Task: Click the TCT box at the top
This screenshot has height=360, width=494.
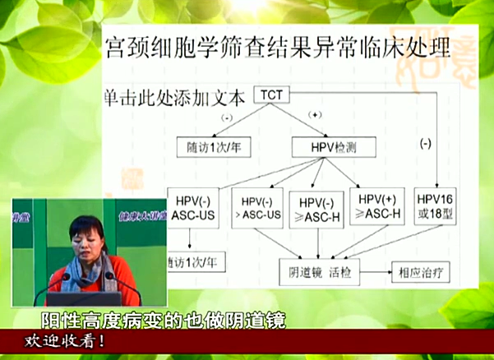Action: coord(272,95)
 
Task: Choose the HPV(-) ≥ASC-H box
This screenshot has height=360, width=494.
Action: coord(316,210)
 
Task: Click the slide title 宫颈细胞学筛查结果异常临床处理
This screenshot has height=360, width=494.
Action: coord(278,47)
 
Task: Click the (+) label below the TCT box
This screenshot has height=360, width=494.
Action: coord(315,114)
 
